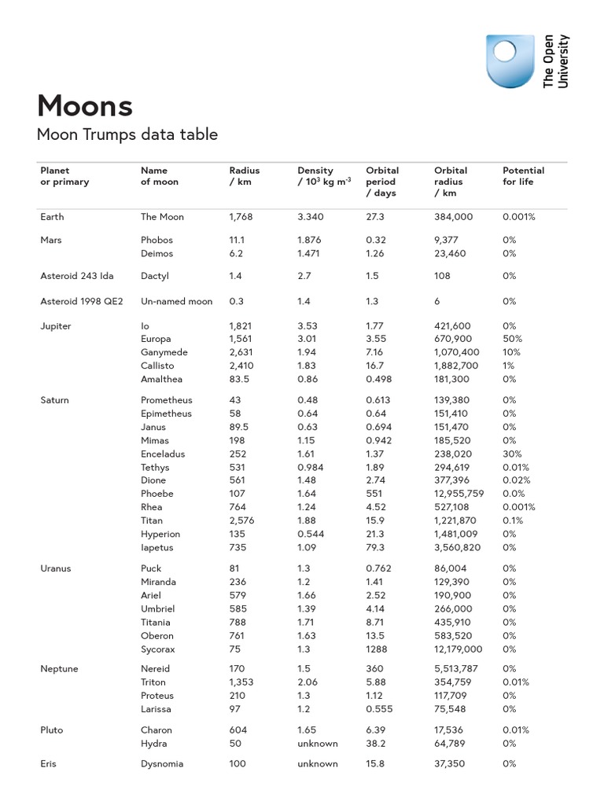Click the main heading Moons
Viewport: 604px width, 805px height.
pos(85,105)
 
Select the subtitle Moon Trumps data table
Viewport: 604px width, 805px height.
pos(127,134)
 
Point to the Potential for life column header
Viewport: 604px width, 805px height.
pos(523,176)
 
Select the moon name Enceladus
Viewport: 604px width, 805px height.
pos(162,454)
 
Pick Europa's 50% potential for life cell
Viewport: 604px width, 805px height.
pos(512,339)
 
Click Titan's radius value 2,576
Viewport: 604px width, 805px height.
pos(241,520)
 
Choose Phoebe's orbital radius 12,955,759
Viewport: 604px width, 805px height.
pos(459,494)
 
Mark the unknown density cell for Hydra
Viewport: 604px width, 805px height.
pos(317,743)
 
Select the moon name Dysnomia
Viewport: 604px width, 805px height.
pos(162,763)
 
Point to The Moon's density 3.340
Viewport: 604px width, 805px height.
pos(310,217)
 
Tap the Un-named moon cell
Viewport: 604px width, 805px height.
pos(176,301)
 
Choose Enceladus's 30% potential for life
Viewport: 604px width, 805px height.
pos(512,454)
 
